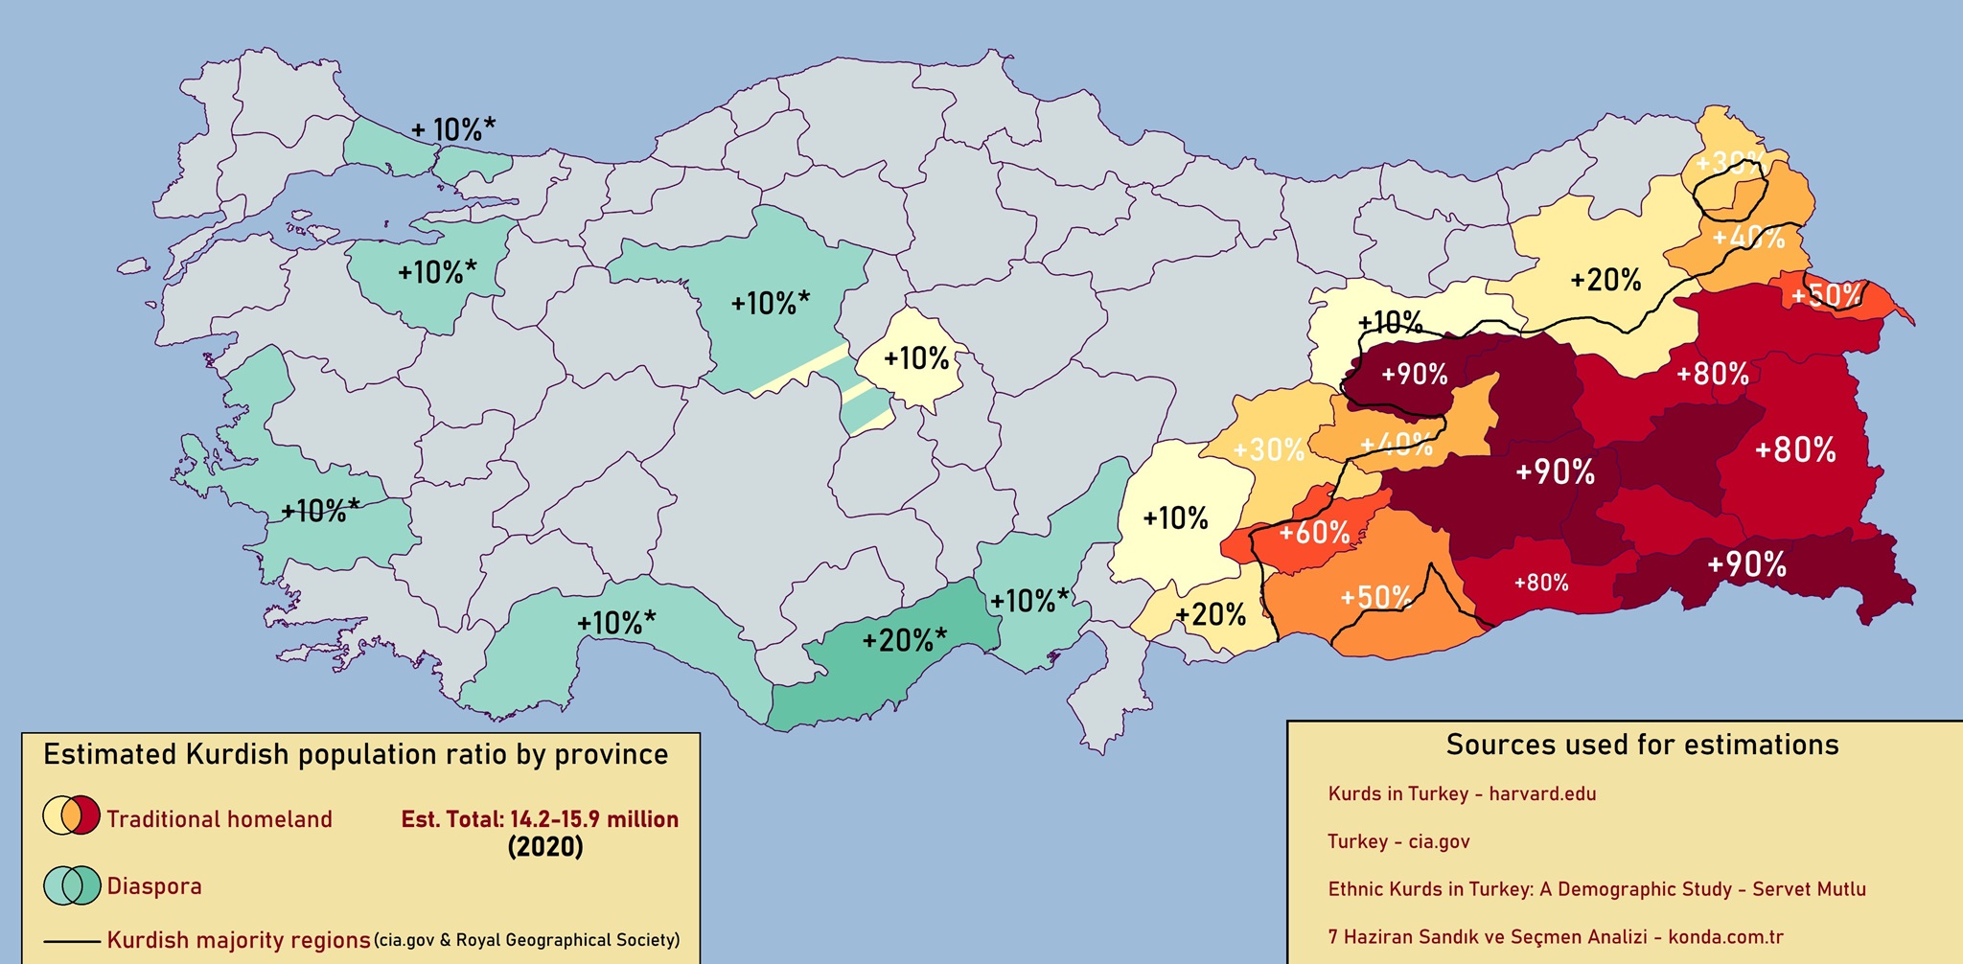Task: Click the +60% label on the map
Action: point(1314,533)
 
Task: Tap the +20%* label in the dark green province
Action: point(904,639)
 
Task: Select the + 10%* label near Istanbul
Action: point(453,129)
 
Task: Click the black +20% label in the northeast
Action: point(1605,280)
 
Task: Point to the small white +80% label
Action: point(1541,583)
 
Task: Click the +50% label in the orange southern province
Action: point(1375,598)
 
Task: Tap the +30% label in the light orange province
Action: point(1268,449)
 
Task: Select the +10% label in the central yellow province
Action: point(916,359)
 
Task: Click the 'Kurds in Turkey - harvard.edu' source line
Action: point(1462,793)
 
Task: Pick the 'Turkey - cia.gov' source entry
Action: point(1398,841)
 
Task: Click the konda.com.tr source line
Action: point(1555,937)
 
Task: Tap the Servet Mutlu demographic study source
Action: point(1596,889)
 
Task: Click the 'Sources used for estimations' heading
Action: point(1642,746)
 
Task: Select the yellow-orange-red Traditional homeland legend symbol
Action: point(71,815)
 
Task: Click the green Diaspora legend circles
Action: point(71,884)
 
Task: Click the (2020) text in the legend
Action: point(544,847)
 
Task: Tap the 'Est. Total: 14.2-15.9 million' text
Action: point(540,819)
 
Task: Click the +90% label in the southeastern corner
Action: point(1746,565)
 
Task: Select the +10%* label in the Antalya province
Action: point(616,623)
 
